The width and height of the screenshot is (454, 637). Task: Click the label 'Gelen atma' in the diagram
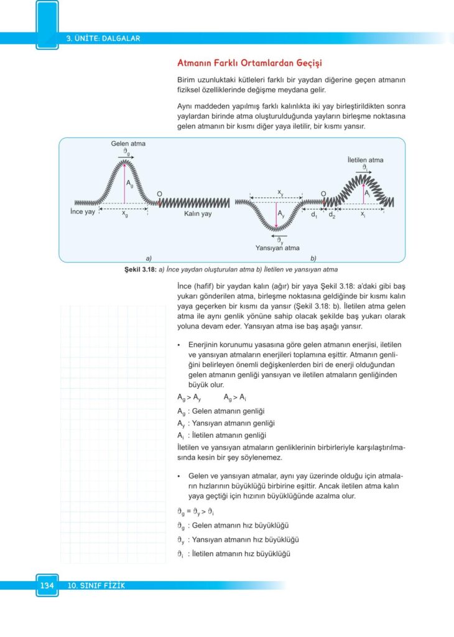click(128, 144)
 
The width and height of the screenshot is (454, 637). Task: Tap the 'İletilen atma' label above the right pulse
click(365, 160)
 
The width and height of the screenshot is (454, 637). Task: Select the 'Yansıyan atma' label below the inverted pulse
click(277, 248)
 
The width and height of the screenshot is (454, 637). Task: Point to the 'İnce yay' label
click(82, 212)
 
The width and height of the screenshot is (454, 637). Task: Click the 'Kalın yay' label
click(198, 213)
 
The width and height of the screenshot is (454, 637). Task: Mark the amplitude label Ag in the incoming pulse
click(129, 184)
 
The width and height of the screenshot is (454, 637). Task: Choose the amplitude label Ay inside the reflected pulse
click(281, 213)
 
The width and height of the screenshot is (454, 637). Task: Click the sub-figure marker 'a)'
click(149, 257)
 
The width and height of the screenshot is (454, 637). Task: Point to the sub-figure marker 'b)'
click(314, 257)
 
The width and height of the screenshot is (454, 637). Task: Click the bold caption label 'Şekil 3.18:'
click(141, 270)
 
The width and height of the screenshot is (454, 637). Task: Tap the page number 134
click(47, 585)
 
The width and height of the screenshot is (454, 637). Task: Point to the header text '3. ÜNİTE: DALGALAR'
click(103, 38)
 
